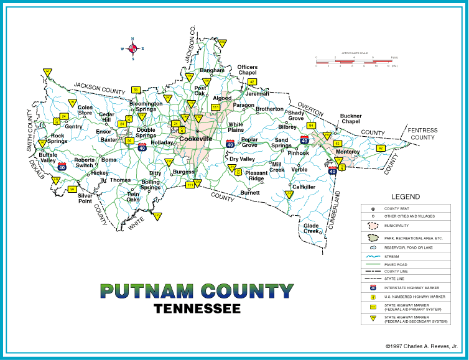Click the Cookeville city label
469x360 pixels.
195,139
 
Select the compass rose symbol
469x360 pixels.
132,48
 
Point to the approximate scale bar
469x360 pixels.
353,61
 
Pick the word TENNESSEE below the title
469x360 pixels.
197,308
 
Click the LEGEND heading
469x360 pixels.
406,196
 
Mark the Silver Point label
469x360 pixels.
85,198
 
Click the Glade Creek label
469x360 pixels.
311,228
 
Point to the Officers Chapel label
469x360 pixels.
247,70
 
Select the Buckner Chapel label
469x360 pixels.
350,119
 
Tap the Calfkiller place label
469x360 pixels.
304,187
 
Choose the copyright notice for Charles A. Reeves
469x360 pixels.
417,346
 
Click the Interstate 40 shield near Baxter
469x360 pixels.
142,147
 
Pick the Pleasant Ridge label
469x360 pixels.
256,176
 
